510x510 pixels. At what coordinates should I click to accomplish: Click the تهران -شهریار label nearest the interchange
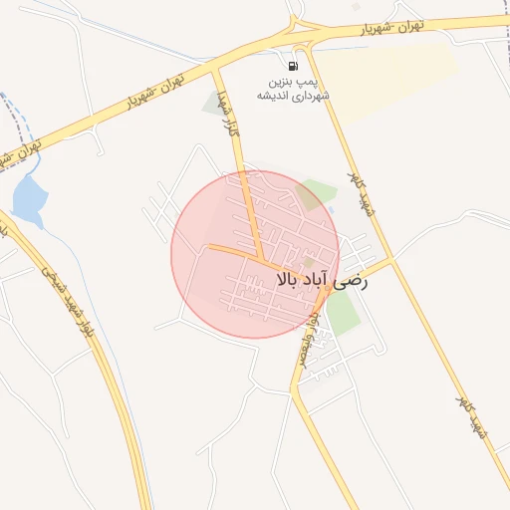pyautogui.click(x=365, y=31)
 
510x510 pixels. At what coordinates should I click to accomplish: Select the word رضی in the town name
pyautogui.click(x=356, y=281)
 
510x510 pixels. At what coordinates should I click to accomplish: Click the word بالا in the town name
pyautogui.click(x=292, y=281)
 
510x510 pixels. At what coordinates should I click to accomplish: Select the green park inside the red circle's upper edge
pyautogui.click(x=317, y=193)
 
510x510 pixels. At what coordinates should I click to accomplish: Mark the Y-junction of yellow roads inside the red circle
pyautogui.click(x=264, y=260)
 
